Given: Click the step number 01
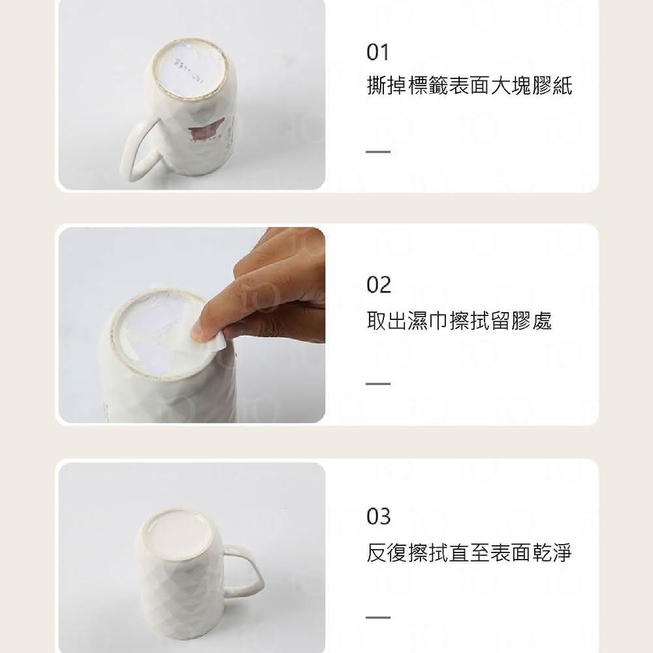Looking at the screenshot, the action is [x=377, y=52].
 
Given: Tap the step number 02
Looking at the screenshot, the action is [x=379, y=285].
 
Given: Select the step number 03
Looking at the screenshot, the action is [x=379, y=517].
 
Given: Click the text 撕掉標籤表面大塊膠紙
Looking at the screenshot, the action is [x=470, y=86].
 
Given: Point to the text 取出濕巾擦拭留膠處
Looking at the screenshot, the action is [x=459, y=321].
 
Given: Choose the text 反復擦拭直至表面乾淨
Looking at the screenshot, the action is [x=469, y=552].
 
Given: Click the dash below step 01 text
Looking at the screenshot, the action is [x=378, y=152].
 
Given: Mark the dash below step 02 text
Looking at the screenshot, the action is [x=378, y=383].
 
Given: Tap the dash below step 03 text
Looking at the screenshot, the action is [x=378, y=617].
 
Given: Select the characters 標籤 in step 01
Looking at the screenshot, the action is [x=428, y=86].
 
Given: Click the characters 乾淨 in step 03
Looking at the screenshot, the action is [x=551, y=552].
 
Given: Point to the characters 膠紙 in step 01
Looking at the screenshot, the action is [x=552, y=86].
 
